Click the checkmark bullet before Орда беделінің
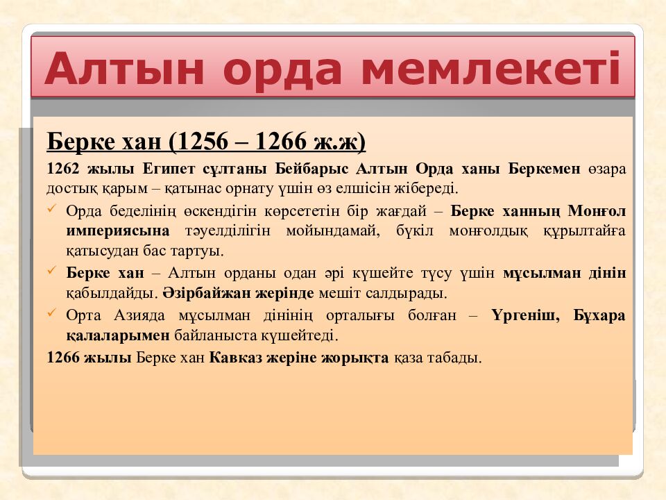point(53,209)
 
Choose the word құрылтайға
point(585,231)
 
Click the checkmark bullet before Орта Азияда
point(53,313)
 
